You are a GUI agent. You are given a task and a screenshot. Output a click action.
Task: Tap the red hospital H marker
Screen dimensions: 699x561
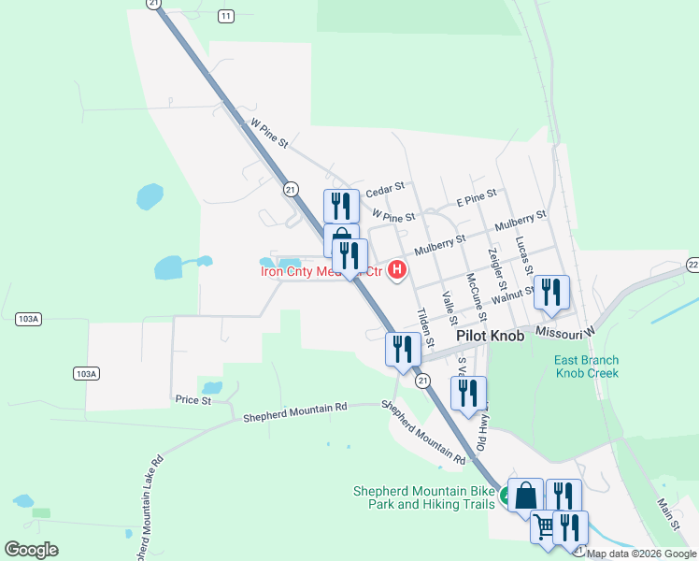pos(397,270)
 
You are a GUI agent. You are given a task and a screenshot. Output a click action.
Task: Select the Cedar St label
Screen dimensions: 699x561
pos(384,186)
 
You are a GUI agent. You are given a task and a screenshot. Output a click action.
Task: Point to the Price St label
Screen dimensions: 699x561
pos(193,399)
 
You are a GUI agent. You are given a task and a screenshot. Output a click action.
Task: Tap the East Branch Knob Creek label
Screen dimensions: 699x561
pos(587,367)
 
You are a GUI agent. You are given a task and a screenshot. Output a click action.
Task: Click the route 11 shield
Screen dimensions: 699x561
pos(225,16)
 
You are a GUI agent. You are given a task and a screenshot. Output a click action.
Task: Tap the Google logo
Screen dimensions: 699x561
pos(31,550)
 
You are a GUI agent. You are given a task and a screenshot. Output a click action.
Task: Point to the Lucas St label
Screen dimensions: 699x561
pos(522,252)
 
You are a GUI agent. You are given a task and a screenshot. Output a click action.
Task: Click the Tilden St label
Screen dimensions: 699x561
pos(425,327)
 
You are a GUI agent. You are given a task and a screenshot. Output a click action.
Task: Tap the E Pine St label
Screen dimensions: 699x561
pos(477,198)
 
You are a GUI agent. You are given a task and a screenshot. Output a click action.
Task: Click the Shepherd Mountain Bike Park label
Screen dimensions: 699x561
pos(423,497)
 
